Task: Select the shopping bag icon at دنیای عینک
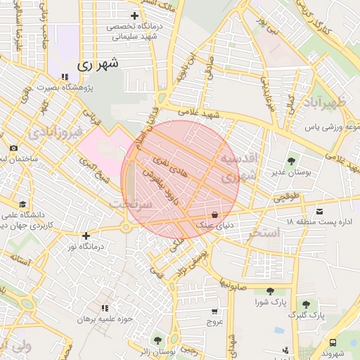tap(214, 214)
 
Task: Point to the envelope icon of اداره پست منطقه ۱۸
tap(320, 212)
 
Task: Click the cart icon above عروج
tap(214, 311)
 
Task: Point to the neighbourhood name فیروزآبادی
tap(58, 131)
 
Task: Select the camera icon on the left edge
tap(13, 148)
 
